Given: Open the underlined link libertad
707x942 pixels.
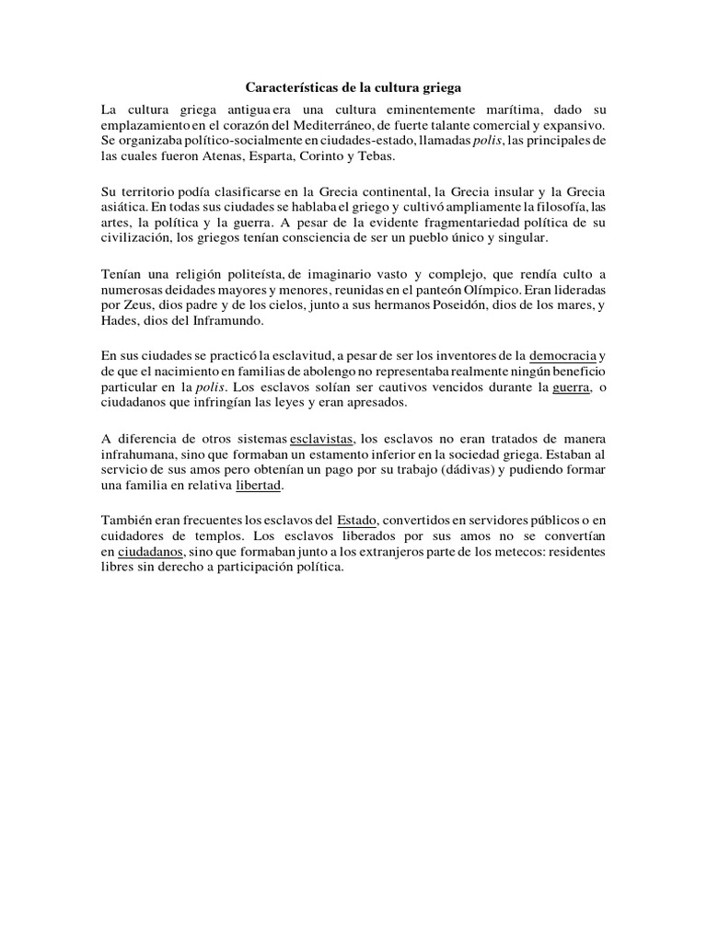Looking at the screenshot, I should pos(261,488).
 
